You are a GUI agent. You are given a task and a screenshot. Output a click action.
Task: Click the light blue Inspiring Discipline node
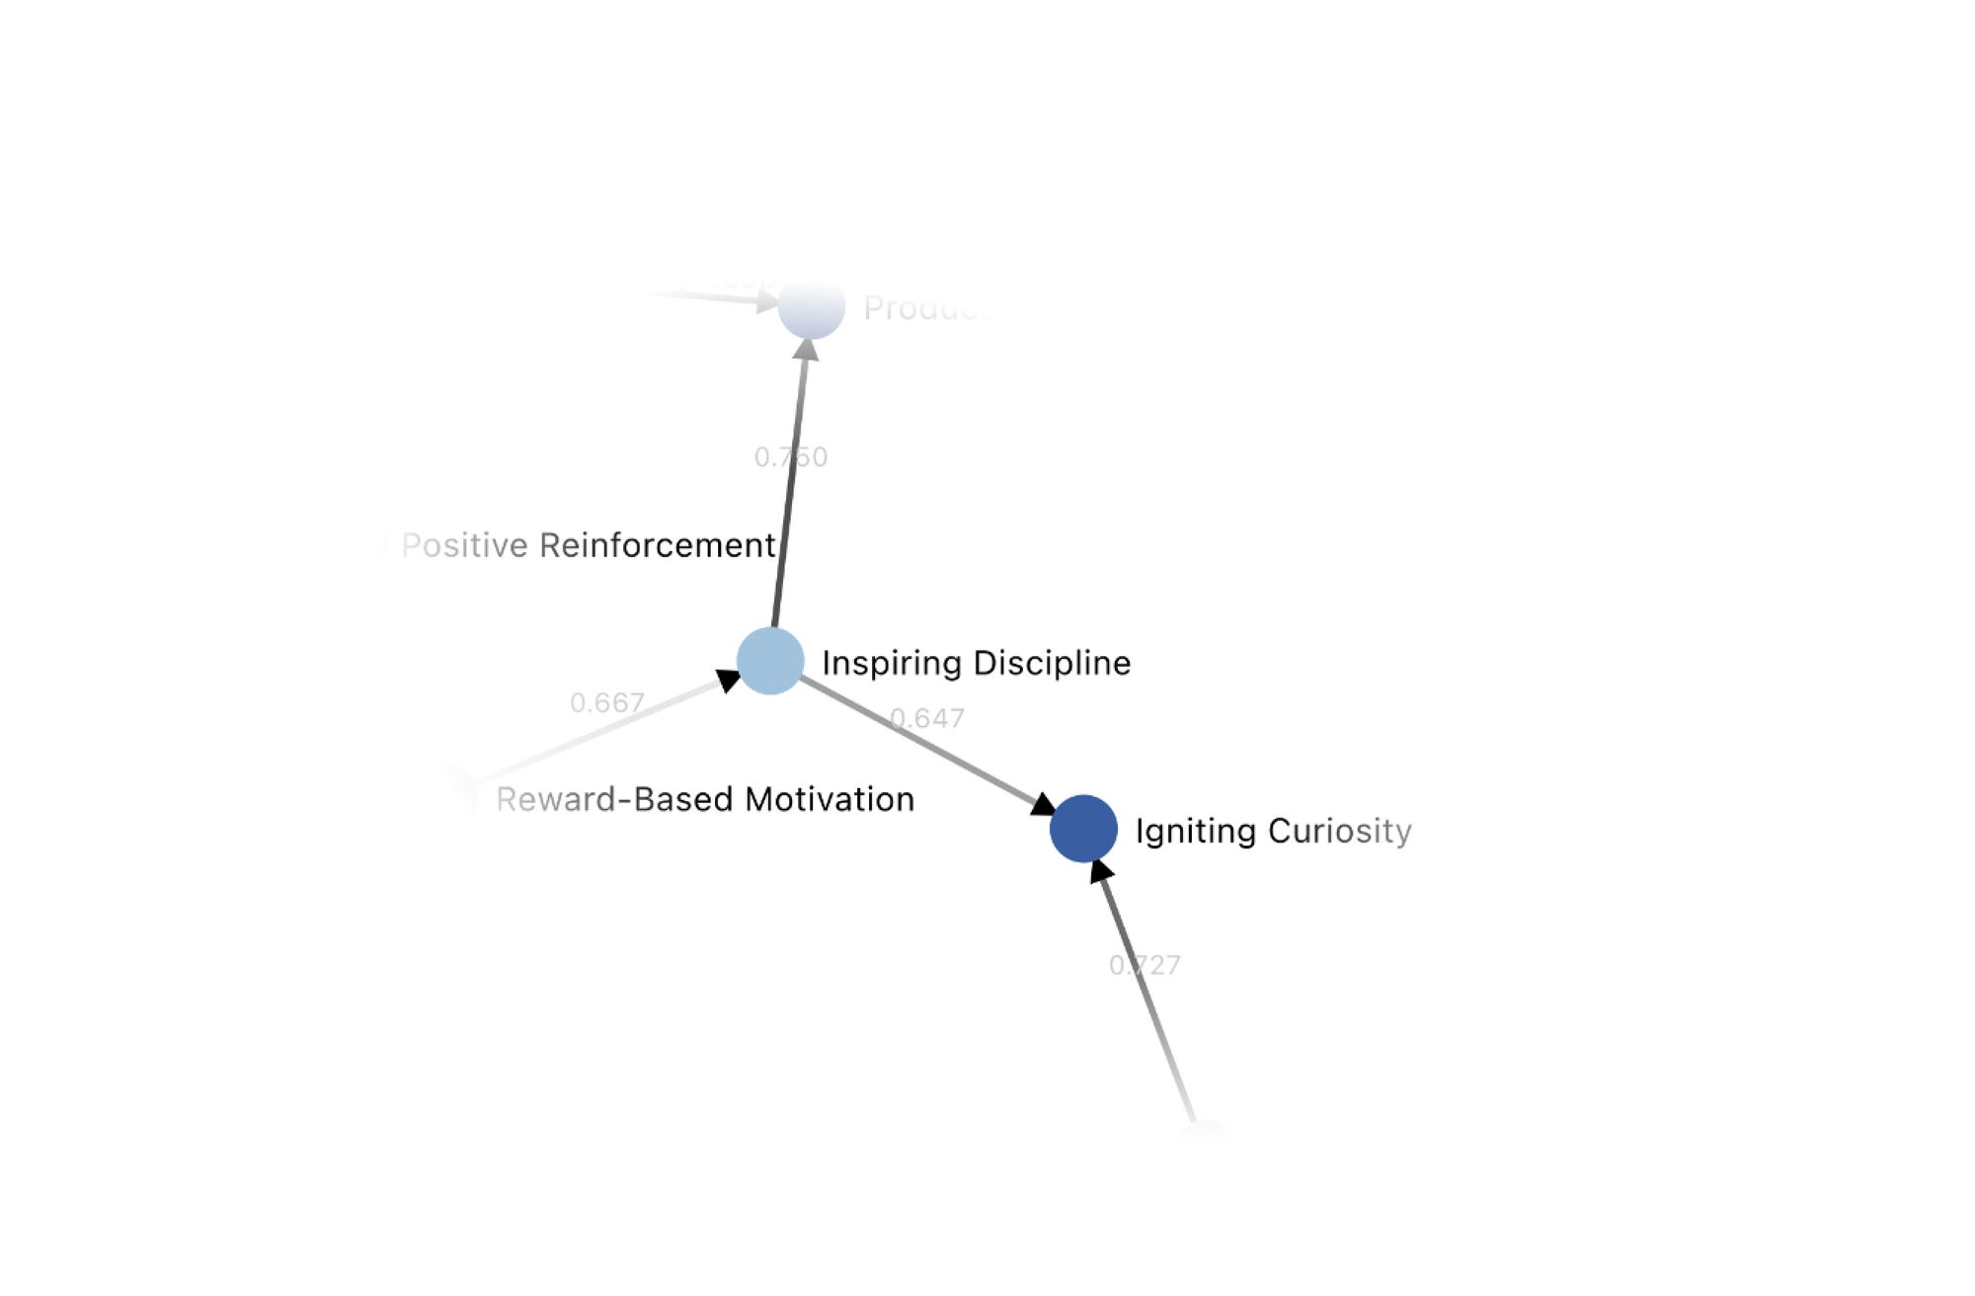[x=770, y=661]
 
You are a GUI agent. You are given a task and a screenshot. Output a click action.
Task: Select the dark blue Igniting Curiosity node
[x=1083, y=829]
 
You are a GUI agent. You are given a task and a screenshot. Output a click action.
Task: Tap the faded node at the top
[x=812, y=307]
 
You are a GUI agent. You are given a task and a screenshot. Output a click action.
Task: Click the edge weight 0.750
[x=791, y=457]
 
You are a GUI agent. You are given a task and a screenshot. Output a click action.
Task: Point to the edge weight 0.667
[x=607, y=703]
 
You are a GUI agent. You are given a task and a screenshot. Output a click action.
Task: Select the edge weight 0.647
[x=927, y=718]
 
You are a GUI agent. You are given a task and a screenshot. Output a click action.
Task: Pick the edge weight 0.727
[x=1145, y=965]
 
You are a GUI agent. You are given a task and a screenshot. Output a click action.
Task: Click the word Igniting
[x=1195, y=831]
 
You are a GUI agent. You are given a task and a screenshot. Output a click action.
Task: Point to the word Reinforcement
[x=658, y=545]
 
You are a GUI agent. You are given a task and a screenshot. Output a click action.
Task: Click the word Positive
[x=465, y=545]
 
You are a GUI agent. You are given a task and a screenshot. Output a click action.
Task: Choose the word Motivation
[x=829, y=799]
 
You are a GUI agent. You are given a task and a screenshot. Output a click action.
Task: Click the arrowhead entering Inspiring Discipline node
[x=729, y=680]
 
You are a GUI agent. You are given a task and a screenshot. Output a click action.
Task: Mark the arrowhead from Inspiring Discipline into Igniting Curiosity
[x=1043, y=805]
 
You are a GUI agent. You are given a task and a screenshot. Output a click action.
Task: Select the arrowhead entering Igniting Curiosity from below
[x=1100, y=871]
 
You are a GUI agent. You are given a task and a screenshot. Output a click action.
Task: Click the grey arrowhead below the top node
[x=807, y=350]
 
